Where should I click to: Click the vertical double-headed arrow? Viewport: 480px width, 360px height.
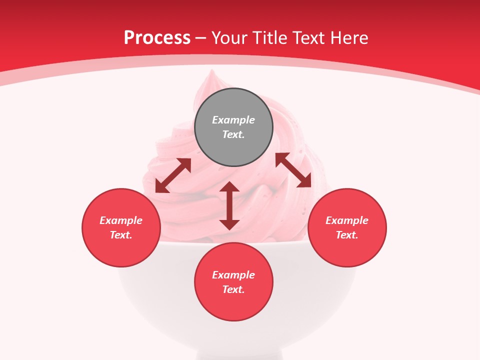[x=229, y=205]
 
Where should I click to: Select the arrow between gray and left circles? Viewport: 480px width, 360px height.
[x=173, y=175]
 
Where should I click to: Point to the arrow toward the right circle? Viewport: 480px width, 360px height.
[x=293, y=170]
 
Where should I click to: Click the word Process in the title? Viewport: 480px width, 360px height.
[x=157, y=38]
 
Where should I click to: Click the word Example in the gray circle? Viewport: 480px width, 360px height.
[x=233, y=120]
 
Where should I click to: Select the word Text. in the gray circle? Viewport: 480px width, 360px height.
[x=233, y=134]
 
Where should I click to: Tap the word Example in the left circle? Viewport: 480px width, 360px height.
[x=121, y=220]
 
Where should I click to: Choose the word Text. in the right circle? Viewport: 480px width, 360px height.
[x=347, y=235]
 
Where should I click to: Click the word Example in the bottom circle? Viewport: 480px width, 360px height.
[x=233, y=275]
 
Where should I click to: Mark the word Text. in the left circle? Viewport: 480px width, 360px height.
[x=121, y=235]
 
